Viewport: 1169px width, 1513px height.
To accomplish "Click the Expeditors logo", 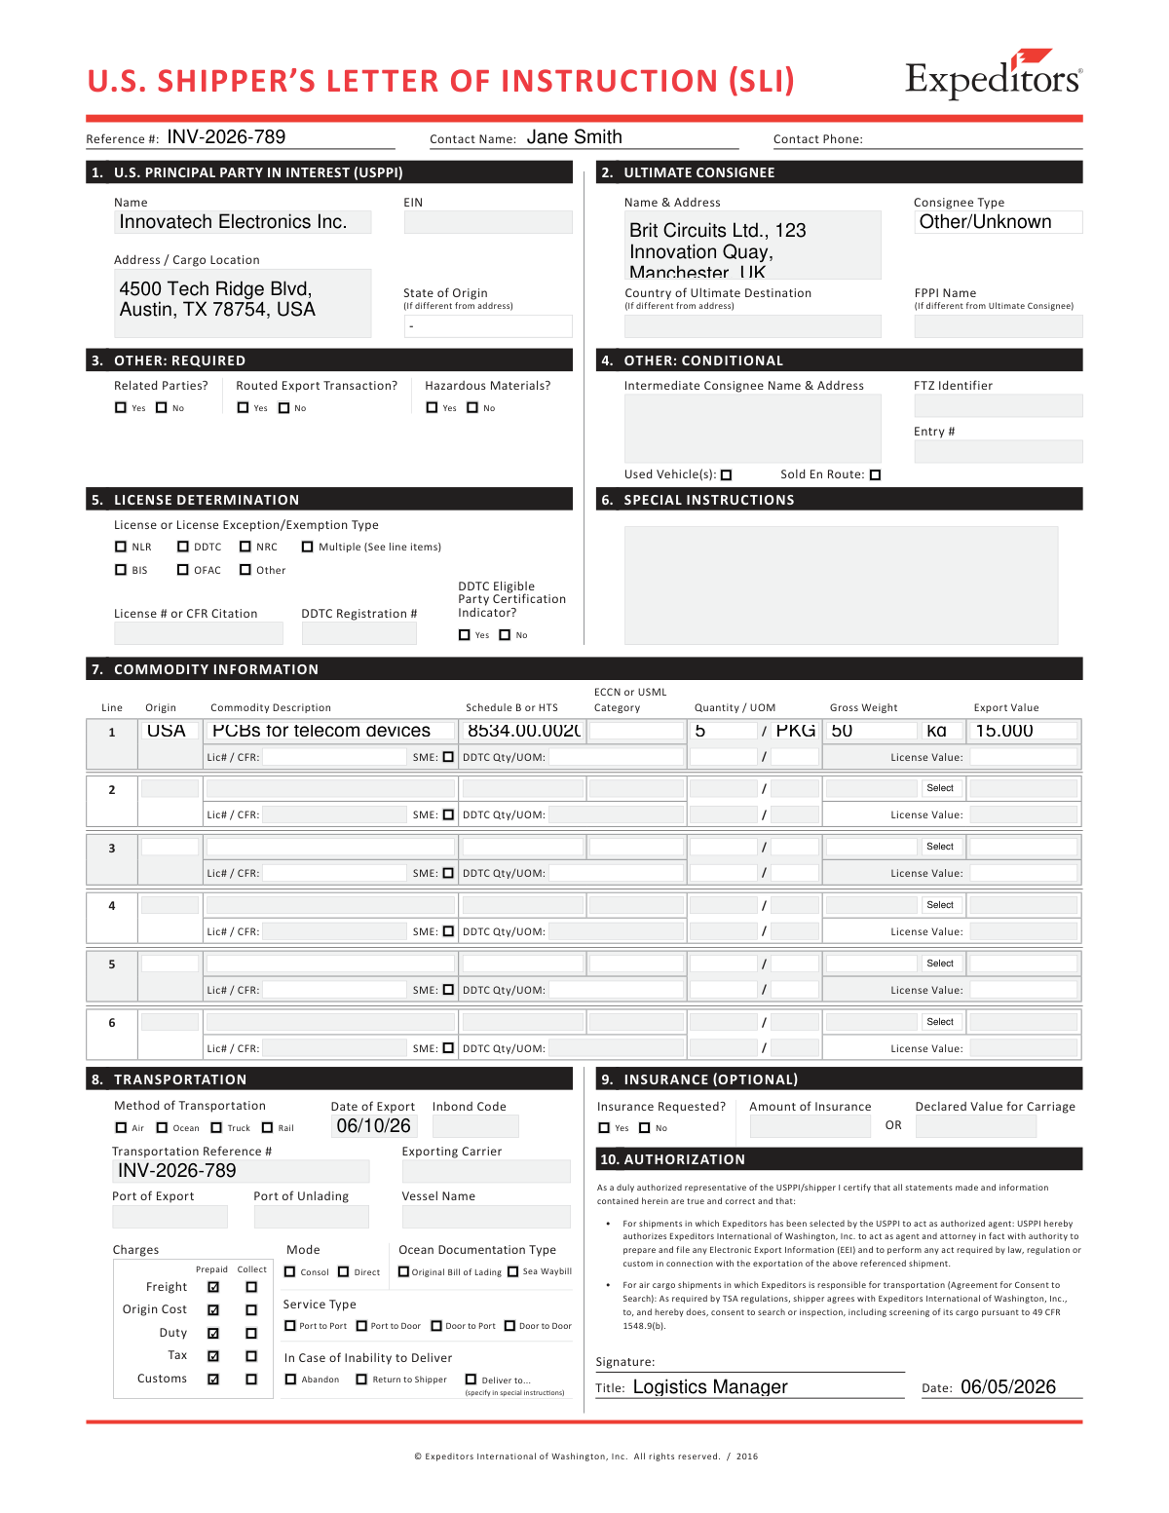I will coord(993,76).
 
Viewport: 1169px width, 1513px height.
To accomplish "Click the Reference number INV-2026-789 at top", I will coord(226,137).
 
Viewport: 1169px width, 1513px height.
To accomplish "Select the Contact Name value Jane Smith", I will coord(574,137).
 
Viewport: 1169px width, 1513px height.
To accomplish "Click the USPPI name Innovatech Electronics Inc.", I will coord(233,222).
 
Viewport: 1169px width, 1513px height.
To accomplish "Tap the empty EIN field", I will coord(487,222).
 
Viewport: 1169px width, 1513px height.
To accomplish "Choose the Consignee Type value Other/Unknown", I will coord(986,222).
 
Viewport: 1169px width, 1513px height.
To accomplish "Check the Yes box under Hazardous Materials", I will coord(433,408).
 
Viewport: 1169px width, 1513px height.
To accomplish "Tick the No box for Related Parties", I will coord(162,408).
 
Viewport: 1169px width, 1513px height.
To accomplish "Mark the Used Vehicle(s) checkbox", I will coord(726,475).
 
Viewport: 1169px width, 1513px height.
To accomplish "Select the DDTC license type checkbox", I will coord(183,548).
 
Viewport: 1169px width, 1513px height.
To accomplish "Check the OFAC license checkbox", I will coord(183,570).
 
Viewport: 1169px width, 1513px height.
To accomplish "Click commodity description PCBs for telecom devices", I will coord(321,731).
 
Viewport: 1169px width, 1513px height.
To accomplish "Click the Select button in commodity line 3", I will coord(940,847).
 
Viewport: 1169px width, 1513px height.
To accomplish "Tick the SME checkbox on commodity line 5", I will coord(448,990).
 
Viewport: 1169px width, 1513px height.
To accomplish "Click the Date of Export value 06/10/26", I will coord(373,1126).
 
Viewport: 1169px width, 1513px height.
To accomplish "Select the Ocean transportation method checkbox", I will coord(162,1128).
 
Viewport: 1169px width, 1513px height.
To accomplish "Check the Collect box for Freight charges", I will coord(251,1287).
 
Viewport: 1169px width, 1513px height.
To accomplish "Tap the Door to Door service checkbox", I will coord(509,1326).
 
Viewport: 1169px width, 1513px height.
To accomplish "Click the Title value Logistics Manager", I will coord(710,1387).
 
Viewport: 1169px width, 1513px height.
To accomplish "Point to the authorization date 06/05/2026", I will coord(1007,1387).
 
